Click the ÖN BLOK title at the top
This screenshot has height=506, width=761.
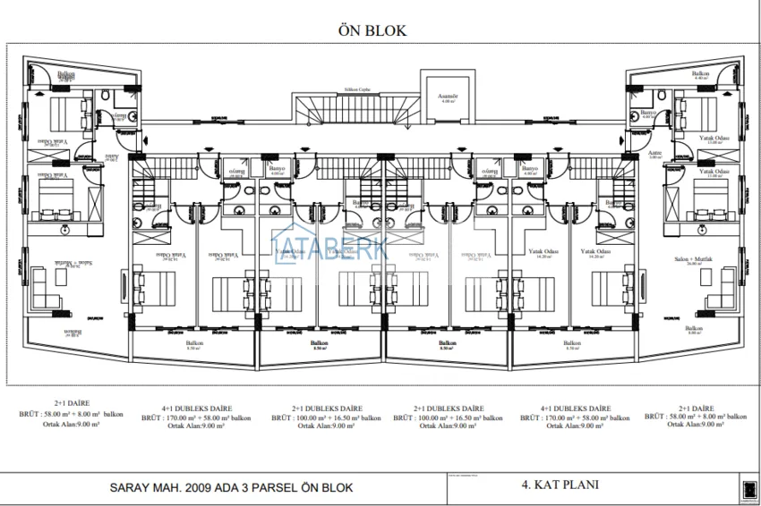tap(372, 30)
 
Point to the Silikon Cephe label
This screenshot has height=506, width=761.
tap(357, 90)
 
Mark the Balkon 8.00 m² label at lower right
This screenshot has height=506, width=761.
tap(694, 330)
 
